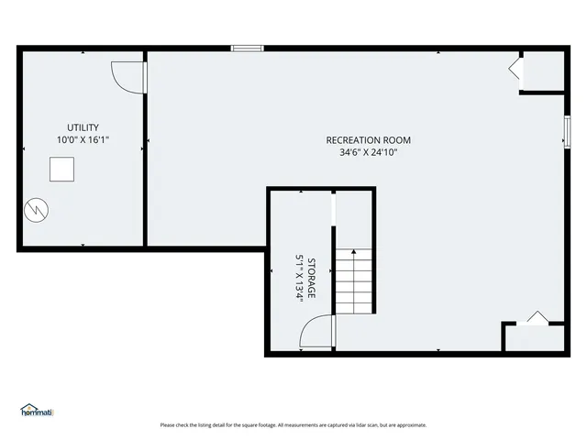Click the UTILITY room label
[83, 127]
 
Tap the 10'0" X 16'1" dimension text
[83, 140]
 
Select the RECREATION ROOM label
[368, 140]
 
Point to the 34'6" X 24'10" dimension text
[368, 153]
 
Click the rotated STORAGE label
[312, 278]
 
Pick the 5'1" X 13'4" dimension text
[299, 278]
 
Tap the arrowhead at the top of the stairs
[354, 250]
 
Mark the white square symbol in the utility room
[61, 170]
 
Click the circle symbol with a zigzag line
[36, 209]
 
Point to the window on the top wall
[247, 48]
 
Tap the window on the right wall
[566, 130]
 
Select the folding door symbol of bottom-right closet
[535, 318]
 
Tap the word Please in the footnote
[168, 424]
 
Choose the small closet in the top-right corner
[542, 71]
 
